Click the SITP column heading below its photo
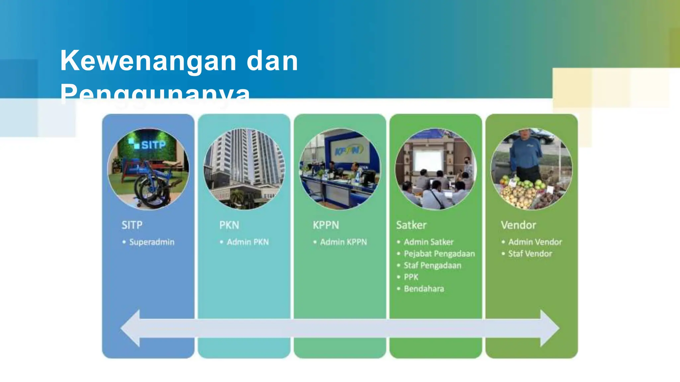132,225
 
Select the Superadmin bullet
152,242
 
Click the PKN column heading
229,225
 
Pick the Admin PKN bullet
248,242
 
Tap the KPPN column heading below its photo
326,225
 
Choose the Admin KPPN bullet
343,242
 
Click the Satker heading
411,225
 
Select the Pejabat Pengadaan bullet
439,254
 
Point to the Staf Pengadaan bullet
432,265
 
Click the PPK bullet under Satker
411,277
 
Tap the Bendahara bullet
424,289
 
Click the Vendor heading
518,225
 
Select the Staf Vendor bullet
530,254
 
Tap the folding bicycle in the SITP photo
153,186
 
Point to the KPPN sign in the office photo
347,151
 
